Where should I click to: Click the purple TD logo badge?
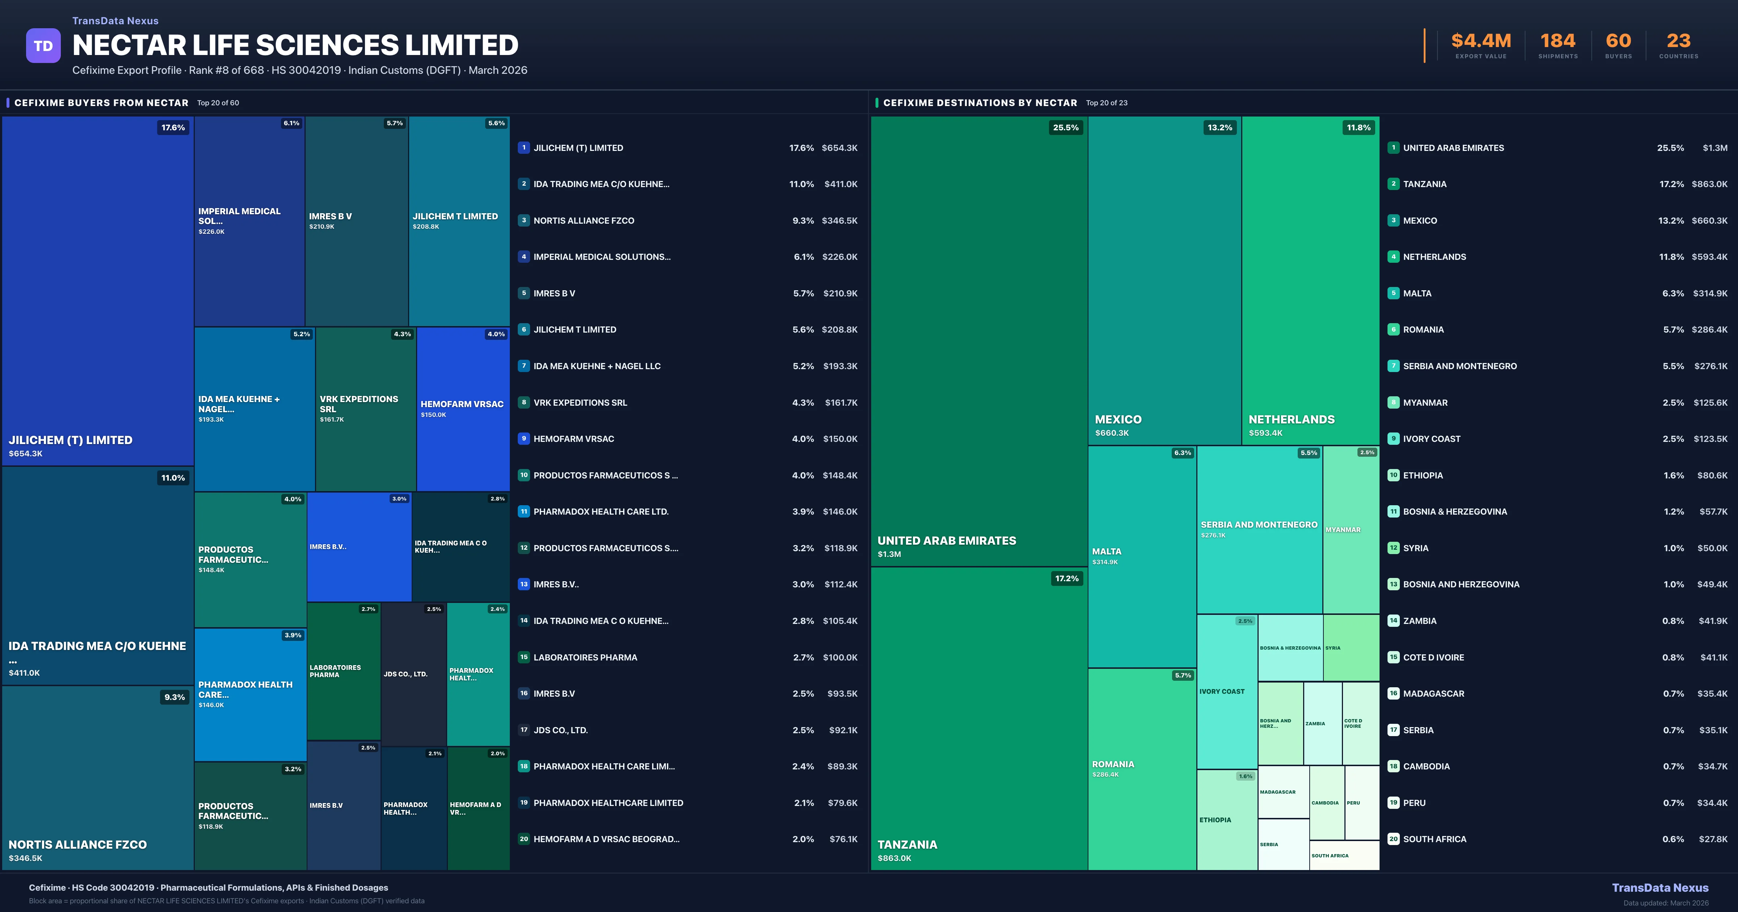[43, 46]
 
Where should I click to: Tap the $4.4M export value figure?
[1481, 41]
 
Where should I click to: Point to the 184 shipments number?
[1558, 41]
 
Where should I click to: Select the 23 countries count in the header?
[1679, 41]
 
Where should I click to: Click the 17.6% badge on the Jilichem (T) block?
[173, 127]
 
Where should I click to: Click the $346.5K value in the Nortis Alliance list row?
[839, 220]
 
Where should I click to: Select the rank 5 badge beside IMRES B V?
[524, 294]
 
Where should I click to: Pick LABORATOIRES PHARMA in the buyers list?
[585, 657]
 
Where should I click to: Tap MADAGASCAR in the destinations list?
[1434, 693]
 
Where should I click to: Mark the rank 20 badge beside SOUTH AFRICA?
[1393, 839]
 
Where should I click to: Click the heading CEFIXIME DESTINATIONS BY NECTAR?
[980, 102]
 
